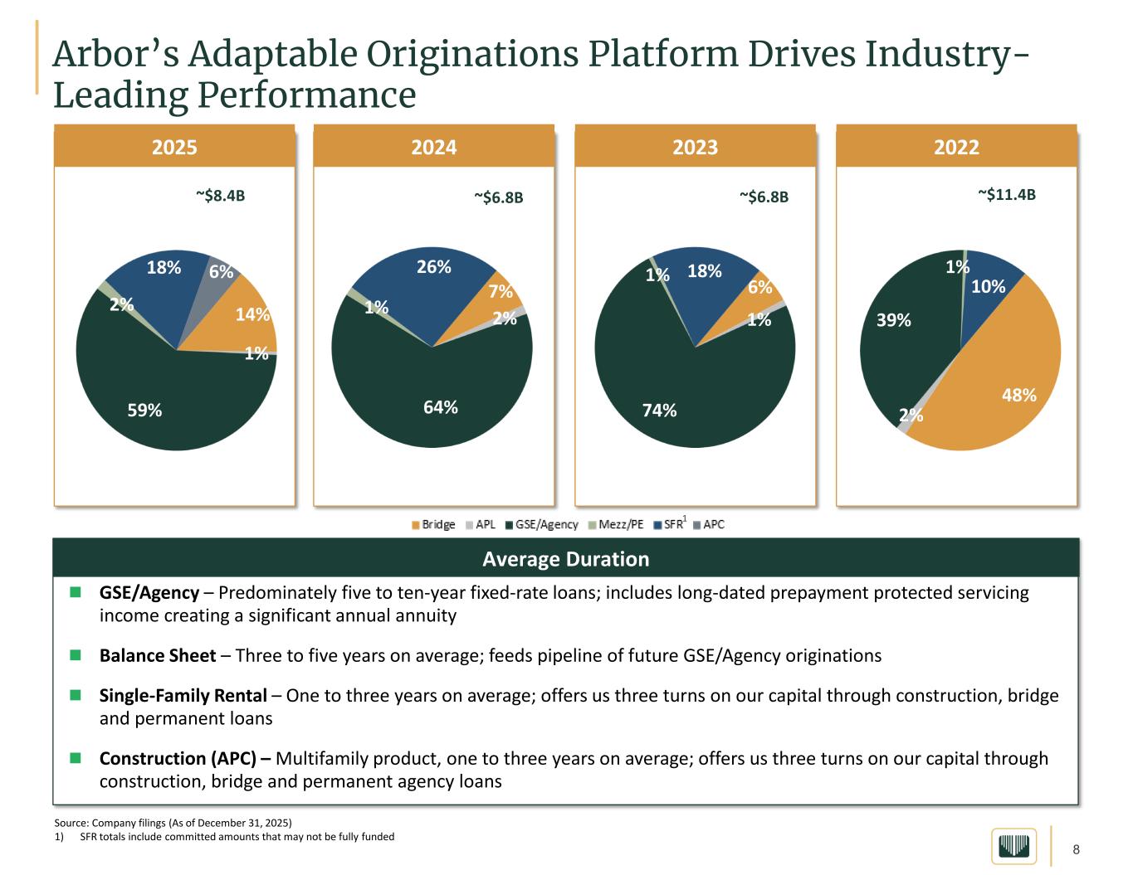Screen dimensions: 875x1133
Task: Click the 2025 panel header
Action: click(x=174, y=147)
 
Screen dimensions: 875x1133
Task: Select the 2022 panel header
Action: click(x=956, y=147)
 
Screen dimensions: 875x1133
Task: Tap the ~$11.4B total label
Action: click(x=1006, y=194)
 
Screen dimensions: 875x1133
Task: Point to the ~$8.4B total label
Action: click(x=221, y=196)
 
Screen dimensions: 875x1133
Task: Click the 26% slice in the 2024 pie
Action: click(x=423, y=282)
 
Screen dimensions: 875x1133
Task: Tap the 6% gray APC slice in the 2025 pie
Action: click(x=222, y=267)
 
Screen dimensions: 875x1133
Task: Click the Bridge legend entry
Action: click(x=433, y=524)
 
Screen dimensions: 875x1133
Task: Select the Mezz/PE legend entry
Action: click(x=616, y=524)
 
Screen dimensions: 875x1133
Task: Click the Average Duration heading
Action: click(x=565, y=559)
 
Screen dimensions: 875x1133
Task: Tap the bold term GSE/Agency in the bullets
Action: click(x=149, y=593)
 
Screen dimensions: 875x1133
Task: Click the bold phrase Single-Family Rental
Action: click(x=183, y=695)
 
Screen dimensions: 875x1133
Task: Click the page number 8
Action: click(x=1077, y=849)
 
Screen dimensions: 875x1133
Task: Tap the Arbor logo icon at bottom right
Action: click(x=1013, y=846)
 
